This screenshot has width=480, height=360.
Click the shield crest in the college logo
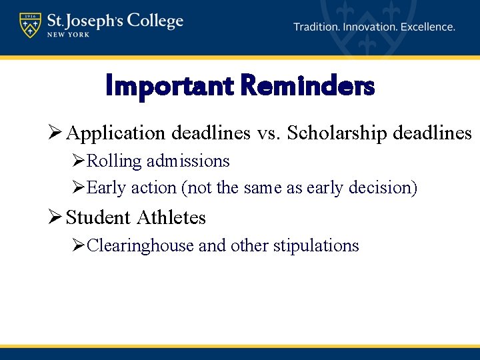29,26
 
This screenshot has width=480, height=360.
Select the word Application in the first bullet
117,133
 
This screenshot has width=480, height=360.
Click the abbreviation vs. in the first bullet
269,133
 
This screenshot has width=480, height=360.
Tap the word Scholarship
338,133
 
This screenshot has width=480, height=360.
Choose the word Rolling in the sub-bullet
114,161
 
